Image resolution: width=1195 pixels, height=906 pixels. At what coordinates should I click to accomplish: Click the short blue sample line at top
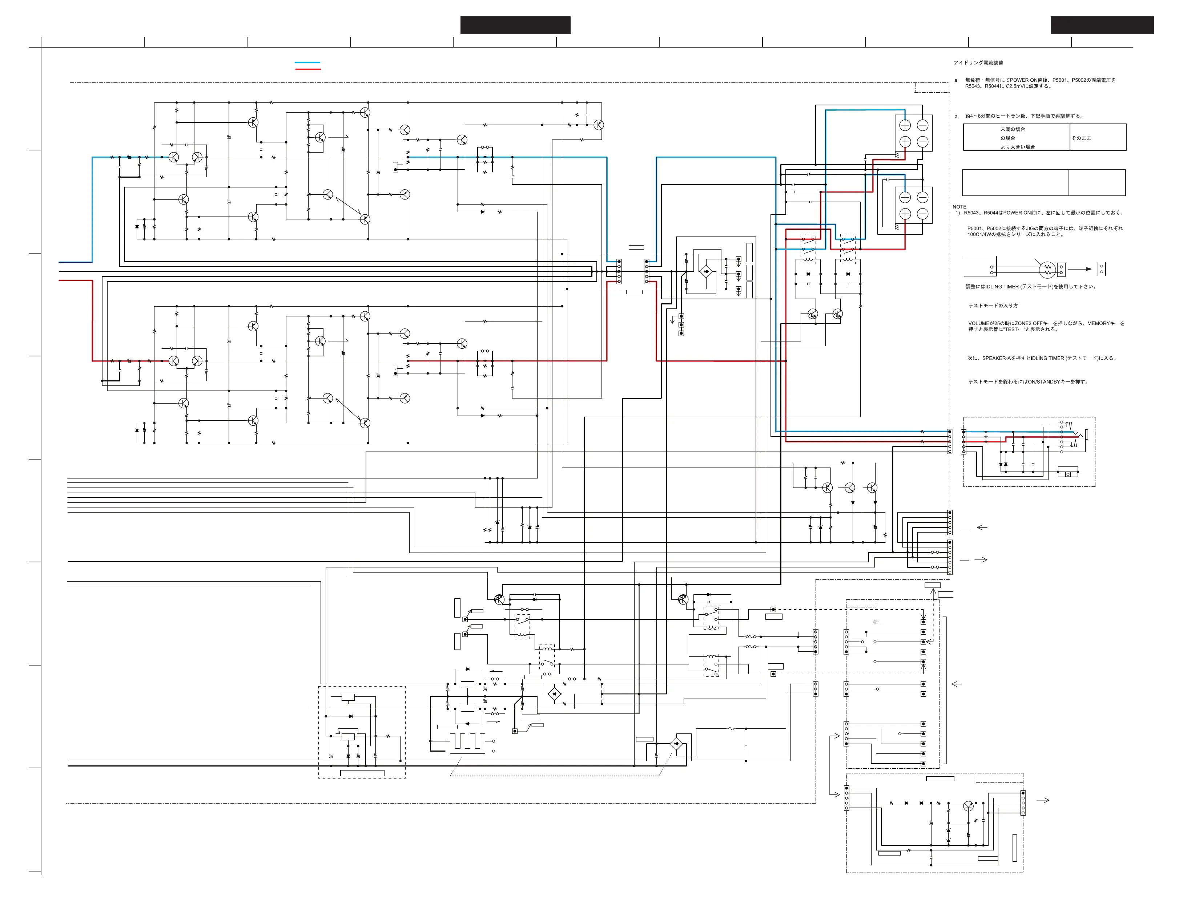pos(307,62)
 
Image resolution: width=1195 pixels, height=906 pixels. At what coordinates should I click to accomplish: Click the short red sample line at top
pos(307,69)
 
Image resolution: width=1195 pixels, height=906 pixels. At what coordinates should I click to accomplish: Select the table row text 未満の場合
pos(1013,130)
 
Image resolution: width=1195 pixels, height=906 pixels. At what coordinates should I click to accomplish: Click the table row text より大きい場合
pos(1017,147)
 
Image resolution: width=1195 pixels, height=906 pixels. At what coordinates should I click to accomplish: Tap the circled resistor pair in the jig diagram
pos(1047,270)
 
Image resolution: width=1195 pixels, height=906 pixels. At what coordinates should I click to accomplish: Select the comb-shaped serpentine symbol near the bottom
pos(468,741)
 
